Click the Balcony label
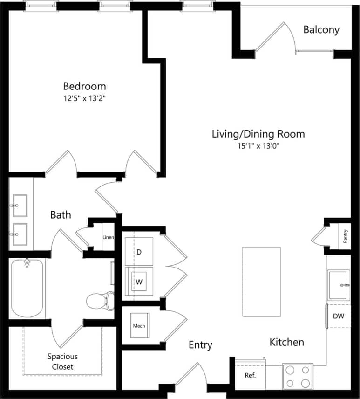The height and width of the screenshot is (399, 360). [321, 30]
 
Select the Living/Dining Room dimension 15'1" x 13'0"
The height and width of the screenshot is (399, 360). [258, 146]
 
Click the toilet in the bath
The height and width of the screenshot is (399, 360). [99, 300]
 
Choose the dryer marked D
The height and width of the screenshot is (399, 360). [139, 252]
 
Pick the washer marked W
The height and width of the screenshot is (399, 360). [139, 282]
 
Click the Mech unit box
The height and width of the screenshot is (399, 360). [138, 326]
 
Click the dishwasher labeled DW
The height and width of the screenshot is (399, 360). [338, 316]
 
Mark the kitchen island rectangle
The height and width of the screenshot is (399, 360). [261, 282]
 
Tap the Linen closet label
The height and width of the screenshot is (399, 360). [108, 237]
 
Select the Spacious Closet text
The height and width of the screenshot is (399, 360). [62, 361]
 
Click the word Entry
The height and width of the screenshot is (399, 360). [200, 345]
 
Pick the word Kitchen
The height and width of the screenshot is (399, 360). [287, 342]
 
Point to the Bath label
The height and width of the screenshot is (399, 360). [61, 214]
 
